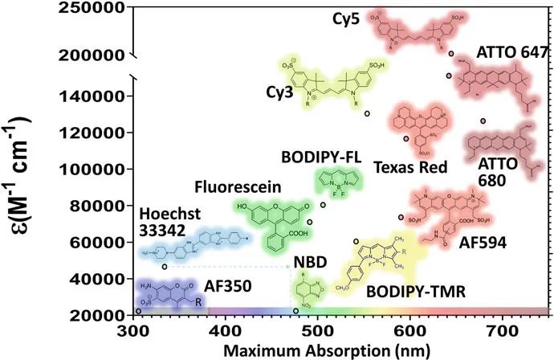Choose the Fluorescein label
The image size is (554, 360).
tap(237, 186)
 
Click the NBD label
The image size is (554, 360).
tap(309, 261)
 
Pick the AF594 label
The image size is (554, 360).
tap(482, 242)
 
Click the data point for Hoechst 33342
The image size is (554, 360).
tap(164, 267)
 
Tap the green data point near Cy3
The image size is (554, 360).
tap(367, 114)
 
